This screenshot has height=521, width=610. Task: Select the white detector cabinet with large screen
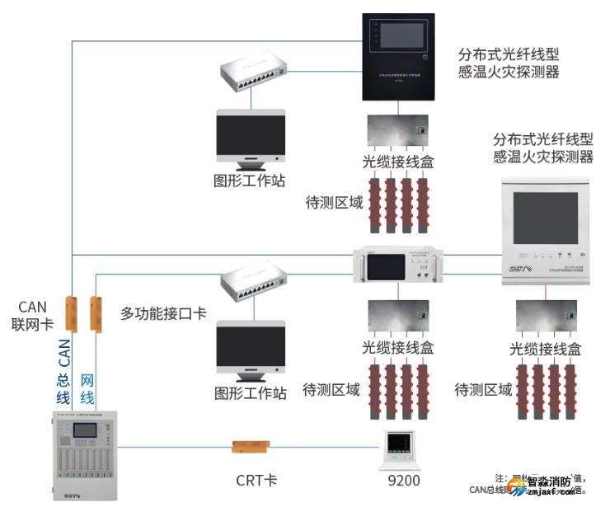pos(547,232)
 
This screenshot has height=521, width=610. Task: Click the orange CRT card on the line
pos(251,447)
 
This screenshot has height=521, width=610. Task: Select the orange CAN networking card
pos(71,314)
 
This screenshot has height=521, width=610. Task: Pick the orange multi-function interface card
pos(96,314)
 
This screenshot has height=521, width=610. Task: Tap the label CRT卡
pos(251,480)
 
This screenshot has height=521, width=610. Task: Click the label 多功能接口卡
pos(163,313)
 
